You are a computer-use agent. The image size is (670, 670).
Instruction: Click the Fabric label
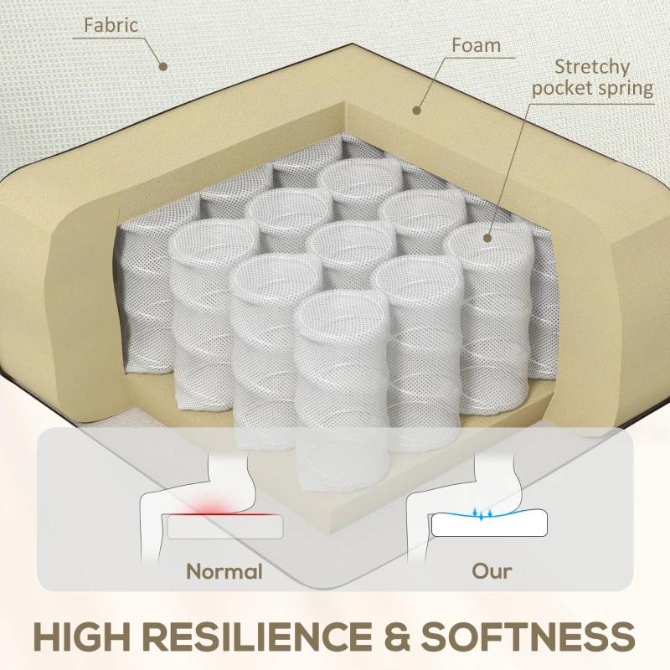(x=111, y=25)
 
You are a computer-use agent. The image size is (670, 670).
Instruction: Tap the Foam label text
(x=476, y=45)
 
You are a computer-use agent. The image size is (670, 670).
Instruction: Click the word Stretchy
(x=592, y=67)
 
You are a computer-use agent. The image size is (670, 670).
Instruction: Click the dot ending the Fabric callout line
(x=162, y=66)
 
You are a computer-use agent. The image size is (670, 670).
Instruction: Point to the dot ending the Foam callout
(x=416, y=111)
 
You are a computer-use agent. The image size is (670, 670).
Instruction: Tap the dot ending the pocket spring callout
(x=487, y=238)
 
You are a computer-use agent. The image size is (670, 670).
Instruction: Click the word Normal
(x=224, y=571)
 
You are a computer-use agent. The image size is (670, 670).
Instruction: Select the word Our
(x=492, y=571)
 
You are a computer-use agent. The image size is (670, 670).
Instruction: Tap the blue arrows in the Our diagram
(x=482, y=514)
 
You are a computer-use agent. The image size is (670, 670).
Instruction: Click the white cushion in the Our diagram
(x=489, y=523)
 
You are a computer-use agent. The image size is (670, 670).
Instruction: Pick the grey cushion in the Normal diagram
(x=225, y=527)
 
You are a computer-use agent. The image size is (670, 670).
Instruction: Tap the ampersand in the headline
(x=396, y=636)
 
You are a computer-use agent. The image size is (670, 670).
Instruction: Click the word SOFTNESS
(x=528, y=636)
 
